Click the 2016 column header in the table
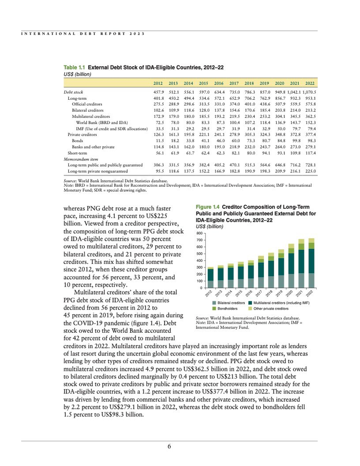[x=219, y=83]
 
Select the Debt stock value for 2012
[x=158, y=92]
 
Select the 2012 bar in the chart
[x=210, y=277]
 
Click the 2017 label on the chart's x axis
[x=259, y=293]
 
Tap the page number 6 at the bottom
[x=169, y=446]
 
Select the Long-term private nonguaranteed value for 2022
[x=310, y=171]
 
